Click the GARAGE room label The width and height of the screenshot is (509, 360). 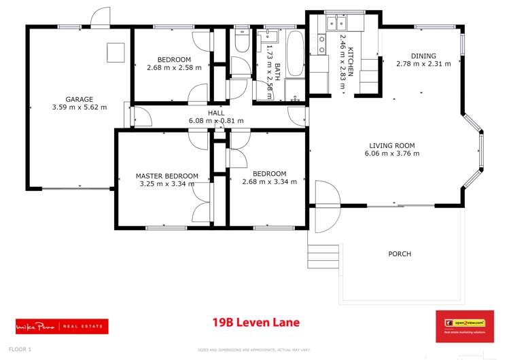[x=80, y=99]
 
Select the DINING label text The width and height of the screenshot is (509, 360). [x=423, y=56]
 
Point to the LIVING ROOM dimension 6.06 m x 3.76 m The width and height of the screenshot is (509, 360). [x=391, y=154]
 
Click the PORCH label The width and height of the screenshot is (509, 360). [x=400, y=254]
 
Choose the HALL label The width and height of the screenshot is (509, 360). [x=216, y=113]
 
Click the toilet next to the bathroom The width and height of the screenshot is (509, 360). [x=241, y=42]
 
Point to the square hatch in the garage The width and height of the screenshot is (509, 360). [x=116, y=52]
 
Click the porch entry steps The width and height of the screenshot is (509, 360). [x=323, y=256]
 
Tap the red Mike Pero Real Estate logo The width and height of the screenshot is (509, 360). [x=62, y=326]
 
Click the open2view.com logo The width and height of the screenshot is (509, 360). [x=464, y=326]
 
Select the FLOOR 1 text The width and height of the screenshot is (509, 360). [x=20, y=349]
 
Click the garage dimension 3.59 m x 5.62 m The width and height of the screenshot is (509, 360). [x=80, y=107]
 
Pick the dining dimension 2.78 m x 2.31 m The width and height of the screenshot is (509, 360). [x=423, y=65]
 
